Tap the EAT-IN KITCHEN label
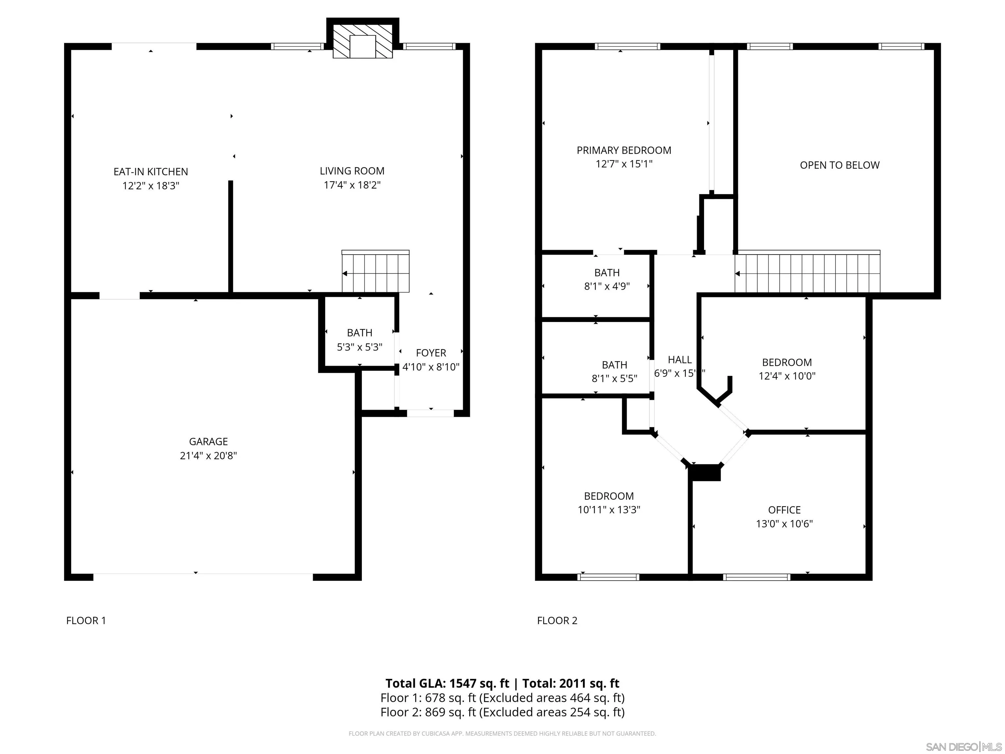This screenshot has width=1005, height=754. [150, 172]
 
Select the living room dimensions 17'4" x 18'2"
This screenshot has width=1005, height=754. [352, 185]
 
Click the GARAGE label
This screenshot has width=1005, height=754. [208, 441]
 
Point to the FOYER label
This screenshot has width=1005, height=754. [431, 353]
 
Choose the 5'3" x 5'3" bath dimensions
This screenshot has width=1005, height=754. [360, 347]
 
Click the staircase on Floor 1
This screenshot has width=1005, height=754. [375, 272]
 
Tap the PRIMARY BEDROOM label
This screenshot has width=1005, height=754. [624, 151]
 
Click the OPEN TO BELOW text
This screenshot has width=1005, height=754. [839, 166]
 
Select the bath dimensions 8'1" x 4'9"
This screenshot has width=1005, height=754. [607, 286]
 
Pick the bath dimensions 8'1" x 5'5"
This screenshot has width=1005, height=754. [614, 379]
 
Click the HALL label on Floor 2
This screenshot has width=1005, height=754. [680, 360]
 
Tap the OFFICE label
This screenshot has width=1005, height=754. [784, 510]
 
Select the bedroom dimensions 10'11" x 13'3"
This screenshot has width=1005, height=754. [609, 510]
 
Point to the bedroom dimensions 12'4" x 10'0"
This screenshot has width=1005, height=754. [787, 376]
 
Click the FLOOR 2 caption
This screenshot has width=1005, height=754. [557, 621]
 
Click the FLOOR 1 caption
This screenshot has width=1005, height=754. [86, 621]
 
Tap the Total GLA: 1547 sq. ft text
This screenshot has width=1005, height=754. [447, 684]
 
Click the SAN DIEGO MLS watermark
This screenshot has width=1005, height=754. [963, 747]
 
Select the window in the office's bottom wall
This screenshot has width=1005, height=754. [756, 578]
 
